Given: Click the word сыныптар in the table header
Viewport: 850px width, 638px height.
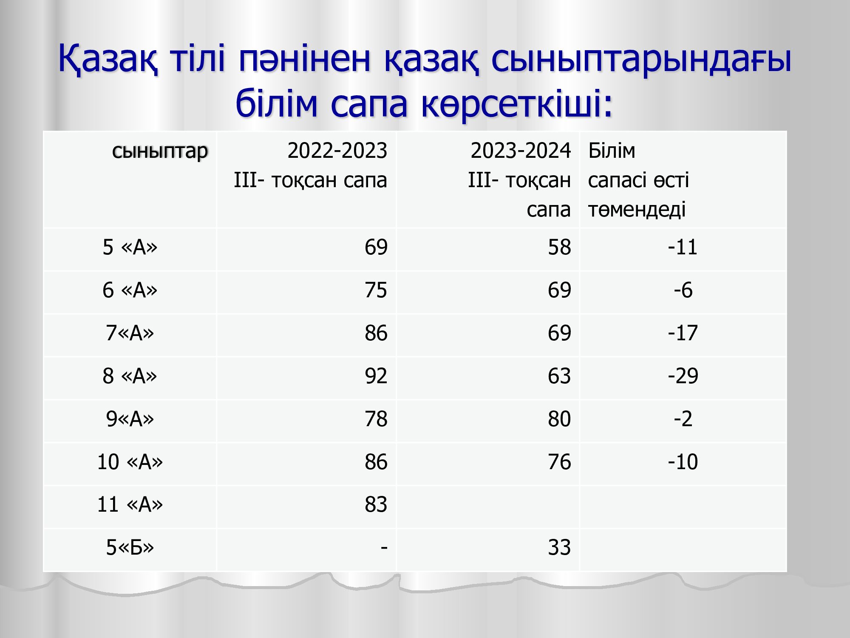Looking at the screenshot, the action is pyautogui.click(x=160, y=151).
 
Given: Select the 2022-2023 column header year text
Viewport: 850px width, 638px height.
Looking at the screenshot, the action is pyautogui.click(x=337, y=151).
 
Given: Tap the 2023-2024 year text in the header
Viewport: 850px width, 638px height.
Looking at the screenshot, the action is pyautogui.click(x=521, y=151).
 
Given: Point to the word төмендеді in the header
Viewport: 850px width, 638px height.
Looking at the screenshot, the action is pyautogui.click(x=637, y=209).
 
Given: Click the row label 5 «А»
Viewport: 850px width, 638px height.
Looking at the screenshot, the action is pyautogui.click(x=130, y=247).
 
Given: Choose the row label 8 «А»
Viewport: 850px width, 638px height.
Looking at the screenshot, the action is pyautogui.click(x=130, y=376).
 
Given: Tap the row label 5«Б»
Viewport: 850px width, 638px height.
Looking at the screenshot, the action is pyautogui.click(x=130, y=547).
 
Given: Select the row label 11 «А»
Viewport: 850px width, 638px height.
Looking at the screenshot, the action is pyautogui.click(x=130, y=504).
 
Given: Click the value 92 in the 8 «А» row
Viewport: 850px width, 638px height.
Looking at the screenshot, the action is pyautogui.click(x=376, y=376).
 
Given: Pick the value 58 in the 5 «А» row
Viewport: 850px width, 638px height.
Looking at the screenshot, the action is pyautogui.click(x=559, y=247).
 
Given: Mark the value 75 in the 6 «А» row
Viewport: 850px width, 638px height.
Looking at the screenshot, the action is pyautogui.click(x=376, y=290).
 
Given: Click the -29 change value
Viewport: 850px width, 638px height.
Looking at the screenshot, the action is pyautogui.click(x=683, y=376).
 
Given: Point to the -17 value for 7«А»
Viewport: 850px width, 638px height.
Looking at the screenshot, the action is pyautogui.click(x=683, y=333).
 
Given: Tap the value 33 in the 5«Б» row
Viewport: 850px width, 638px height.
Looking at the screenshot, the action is pyautogui.click(x=559, y=547).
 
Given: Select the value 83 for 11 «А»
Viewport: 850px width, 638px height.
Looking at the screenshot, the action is pyautogui.click(x=376, y=504).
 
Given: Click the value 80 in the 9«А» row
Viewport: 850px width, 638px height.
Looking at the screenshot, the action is pyautogui.click(x=559, y=419).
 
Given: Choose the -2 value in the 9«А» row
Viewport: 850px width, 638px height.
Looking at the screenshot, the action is pyautogui.click(x=683, y=419).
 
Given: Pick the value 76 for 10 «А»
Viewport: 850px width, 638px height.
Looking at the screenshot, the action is pyautogui.click(x=559, y=462).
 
